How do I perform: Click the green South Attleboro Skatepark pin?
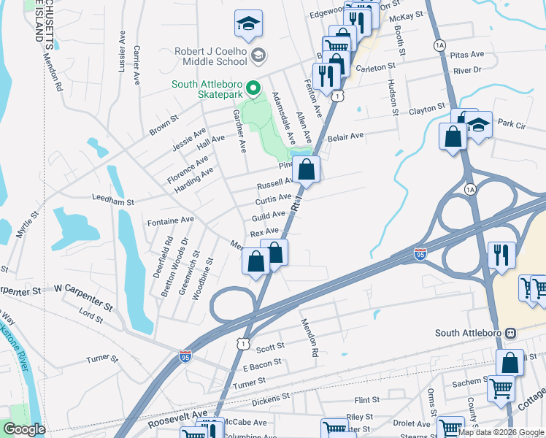point(253,90)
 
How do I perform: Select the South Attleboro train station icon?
point(511,333)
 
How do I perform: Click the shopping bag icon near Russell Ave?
point(308,169)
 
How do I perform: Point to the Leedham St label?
point(113,199)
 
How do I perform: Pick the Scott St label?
point(269,347)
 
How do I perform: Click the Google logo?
point(24,429)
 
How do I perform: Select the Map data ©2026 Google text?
point(500,432)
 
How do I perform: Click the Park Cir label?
point(512,125)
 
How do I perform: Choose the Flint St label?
point(367,400)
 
